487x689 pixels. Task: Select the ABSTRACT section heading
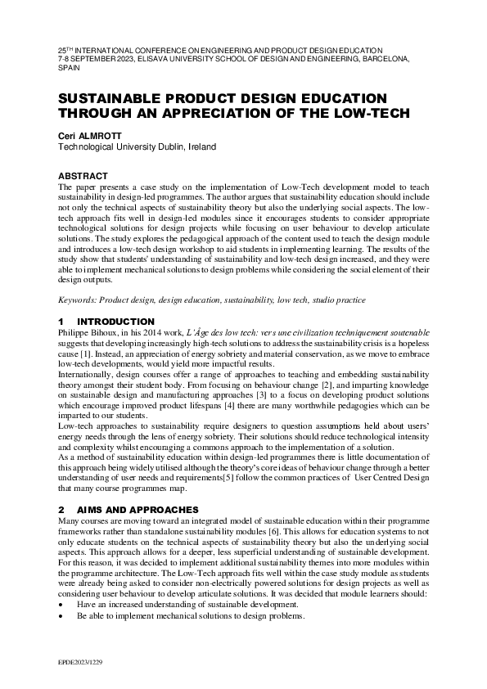tap(83, 176)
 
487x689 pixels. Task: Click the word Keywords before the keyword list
tap(78, 300)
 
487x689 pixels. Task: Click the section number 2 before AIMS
tap(61, 510)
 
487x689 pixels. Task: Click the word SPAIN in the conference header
tap(70, 70)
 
